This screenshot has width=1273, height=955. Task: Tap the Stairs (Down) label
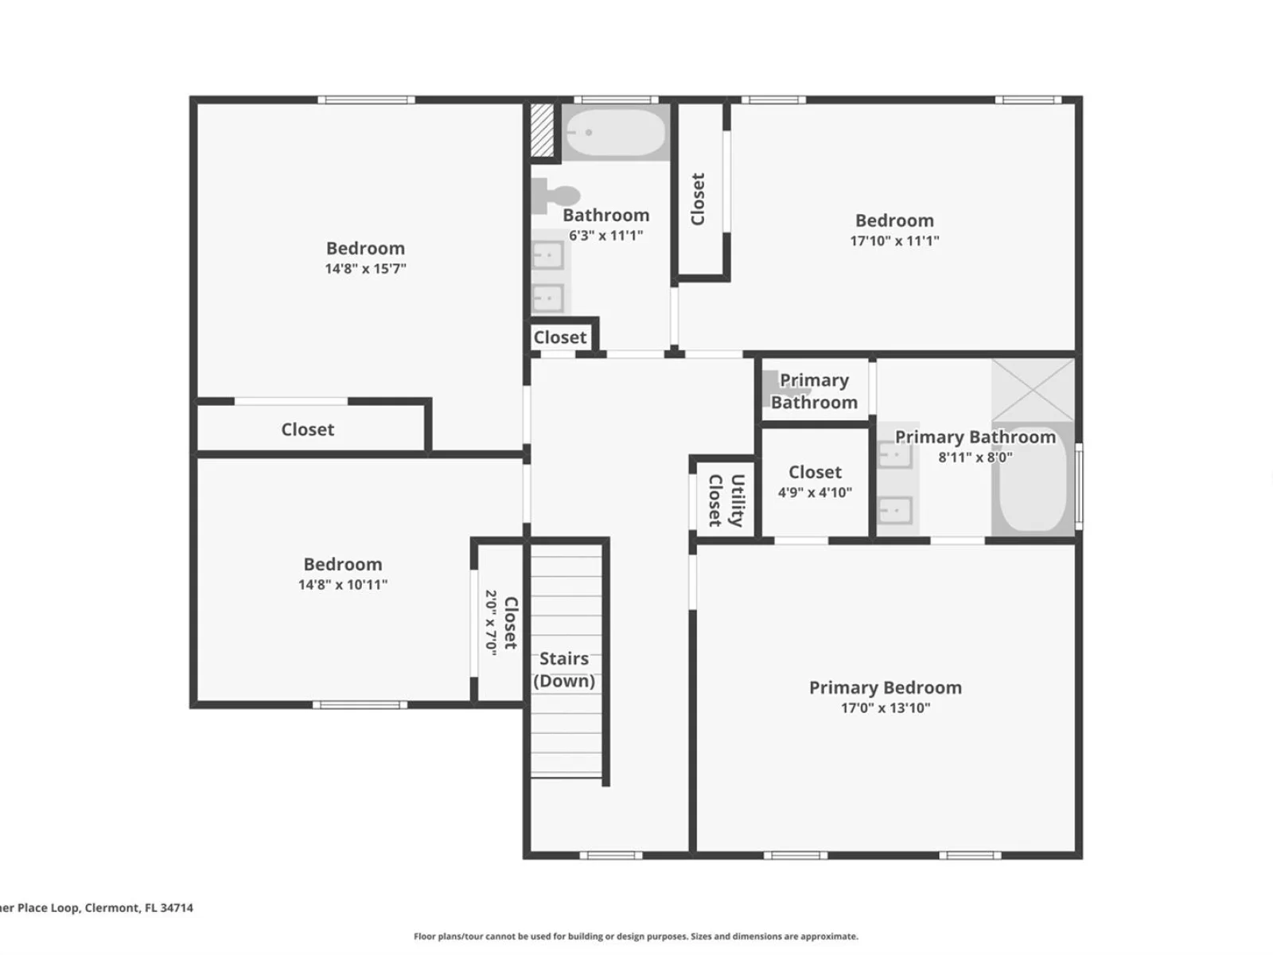[x=564, y=670]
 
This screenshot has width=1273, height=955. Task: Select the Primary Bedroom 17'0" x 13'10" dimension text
[x=886, y=708]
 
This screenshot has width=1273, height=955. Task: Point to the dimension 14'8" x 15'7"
[x=365, y=268]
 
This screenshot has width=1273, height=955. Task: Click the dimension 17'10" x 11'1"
[x=894, y=240]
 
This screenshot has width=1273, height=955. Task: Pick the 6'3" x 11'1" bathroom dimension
[x=606, y=236]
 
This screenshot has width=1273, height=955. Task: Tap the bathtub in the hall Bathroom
[x=615, y=133]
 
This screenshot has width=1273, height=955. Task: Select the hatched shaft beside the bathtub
[x=543, y=130]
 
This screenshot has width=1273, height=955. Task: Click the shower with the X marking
[x=1033, y=390]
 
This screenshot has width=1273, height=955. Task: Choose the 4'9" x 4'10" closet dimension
[x=815, y=493]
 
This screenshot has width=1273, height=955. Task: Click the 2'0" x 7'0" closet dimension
[x=491, y=623]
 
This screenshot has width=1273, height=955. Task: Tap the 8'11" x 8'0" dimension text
[x=975, y=457]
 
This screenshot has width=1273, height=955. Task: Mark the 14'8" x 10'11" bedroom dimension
[x=343, y=584]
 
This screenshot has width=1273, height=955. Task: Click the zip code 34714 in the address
[x=177, y=907]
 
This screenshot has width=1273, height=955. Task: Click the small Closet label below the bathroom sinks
[x=560, y=337]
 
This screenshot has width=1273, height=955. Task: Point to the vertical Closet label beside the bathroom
[x=698, y=199]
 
